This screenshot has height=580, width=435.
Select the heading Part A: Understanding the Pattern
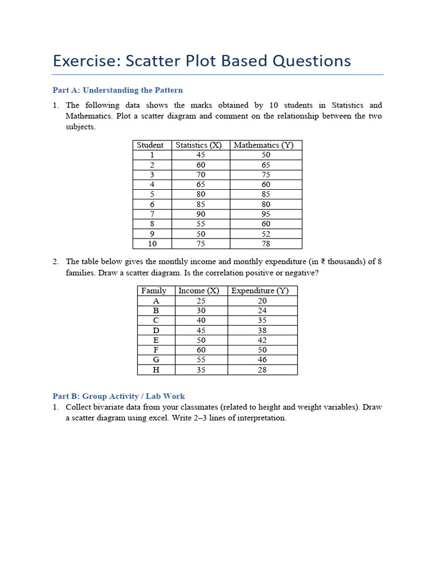pyautogui.click(x=117, y=90)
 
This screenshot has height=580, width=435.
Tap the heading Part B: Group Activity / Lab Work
pyautogui.click(x=118, y=396)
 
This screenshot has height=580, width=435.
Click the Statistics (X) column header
pyautogui.click(x=198, y=145)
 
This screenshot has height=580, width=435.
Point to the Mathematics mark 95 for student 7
pyautogui.click(x=266, y=214)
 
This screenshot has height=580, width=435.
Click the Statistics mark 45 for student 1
pyautogui.click(x=201, y=155)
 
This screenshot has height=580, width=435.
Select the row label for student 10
pyautogui.click(x=152, y=244)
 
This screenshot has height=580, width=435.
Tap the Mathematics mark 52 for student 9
pyautogui.click(x=266, y=234)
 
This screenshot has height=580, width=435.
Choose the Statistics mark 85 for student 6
pyautogui.click(x=201, y=204)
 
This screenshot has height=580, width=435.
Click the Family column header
pyautogui.click(x=154, y=291)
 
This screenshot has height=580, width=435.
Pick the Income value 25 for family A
pyautogui.click(x=201, y=301)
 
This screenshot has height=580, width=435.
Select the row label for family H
pyautogui.click(x=156, y=370)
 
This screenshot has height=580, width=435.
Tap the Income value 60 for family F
pyautogui.click(x=201, y=350)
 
